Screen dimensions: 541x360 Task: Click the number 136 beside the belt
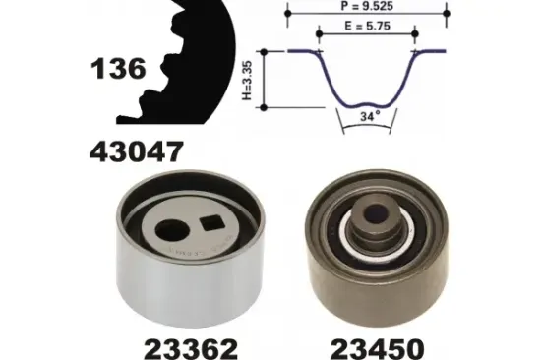coord(118,69)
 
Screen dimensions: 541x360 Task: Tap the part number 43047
coord(136,151)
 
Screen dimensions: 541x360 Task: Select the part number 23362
coord(191,349)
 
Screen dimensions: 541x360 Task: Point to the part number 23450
coord(377,349)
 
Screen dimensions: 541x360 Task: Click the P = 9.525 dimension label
coord(367,6)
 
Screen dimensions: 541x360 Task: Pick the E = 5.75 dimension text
coord(368,26)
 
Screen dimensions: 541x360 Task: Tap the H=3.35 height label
coord(247,81)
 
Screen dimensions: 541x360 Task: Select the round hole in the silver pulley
coord(172,230)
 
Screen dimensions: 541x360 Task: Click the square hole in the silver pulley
coord(212,223)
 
